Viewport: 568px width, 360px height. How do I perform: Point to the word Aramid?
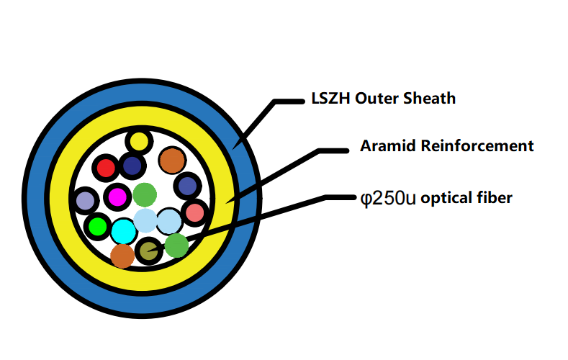[384, 146]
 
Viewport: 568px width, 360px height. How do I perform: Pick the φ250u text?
[388, 198]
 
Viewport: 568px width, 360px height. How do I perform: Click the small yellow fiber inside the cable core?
[139, 140]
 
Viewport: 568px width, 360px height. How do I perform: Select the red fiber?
[107, 168]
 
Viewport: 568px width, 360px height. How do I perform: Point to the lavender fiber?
[86, 200]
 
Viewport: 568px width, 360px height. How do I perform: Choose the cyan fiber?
[123, 231]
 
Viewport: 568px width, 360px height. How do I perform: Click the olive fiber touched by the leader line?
[148, 251]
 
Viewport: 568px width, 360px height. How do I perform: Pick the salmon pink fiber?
[194, 212]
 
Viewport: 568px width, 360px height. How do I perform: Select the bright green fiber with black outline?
[96, 227]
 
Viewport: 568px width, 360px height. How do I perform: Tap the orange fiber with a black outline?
[171, 160]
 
